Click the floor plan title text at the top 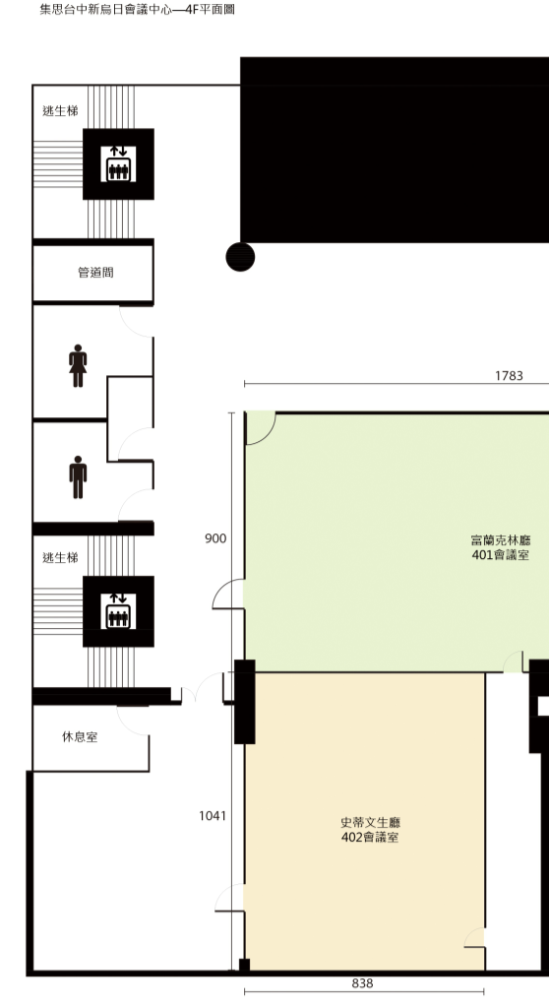click(x=137, y=10)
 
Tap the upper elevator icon click(x=118, y=164)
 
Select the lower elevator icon click(x=118, y=611)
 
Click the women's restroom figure click(x=78, y=366)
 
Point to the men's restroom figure click(x=78, y=477)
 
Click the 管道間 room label click(x=95, y=273)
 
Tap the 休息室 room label click(x=80, y=736)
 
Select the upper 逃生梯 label click(x=60, y=110)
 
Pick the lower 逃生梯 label click(x=60, y=557)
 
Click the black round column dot click(x=240, y=257)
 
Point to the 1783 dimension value click(x=509, y=376)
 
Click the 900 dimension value click(x=215, y=538)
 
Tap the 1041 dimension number click(x=213, y=816)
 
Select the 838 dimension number click(x=363, y=983)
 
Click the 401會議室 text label click(x=500, y=555)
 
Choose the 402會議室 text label click(x=370, y=837)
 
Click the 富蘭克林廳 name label click(x=501, y=540)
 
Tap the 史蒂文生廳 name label click(x=371, y=822)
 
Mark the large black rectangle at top click(x=395, y=150)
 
